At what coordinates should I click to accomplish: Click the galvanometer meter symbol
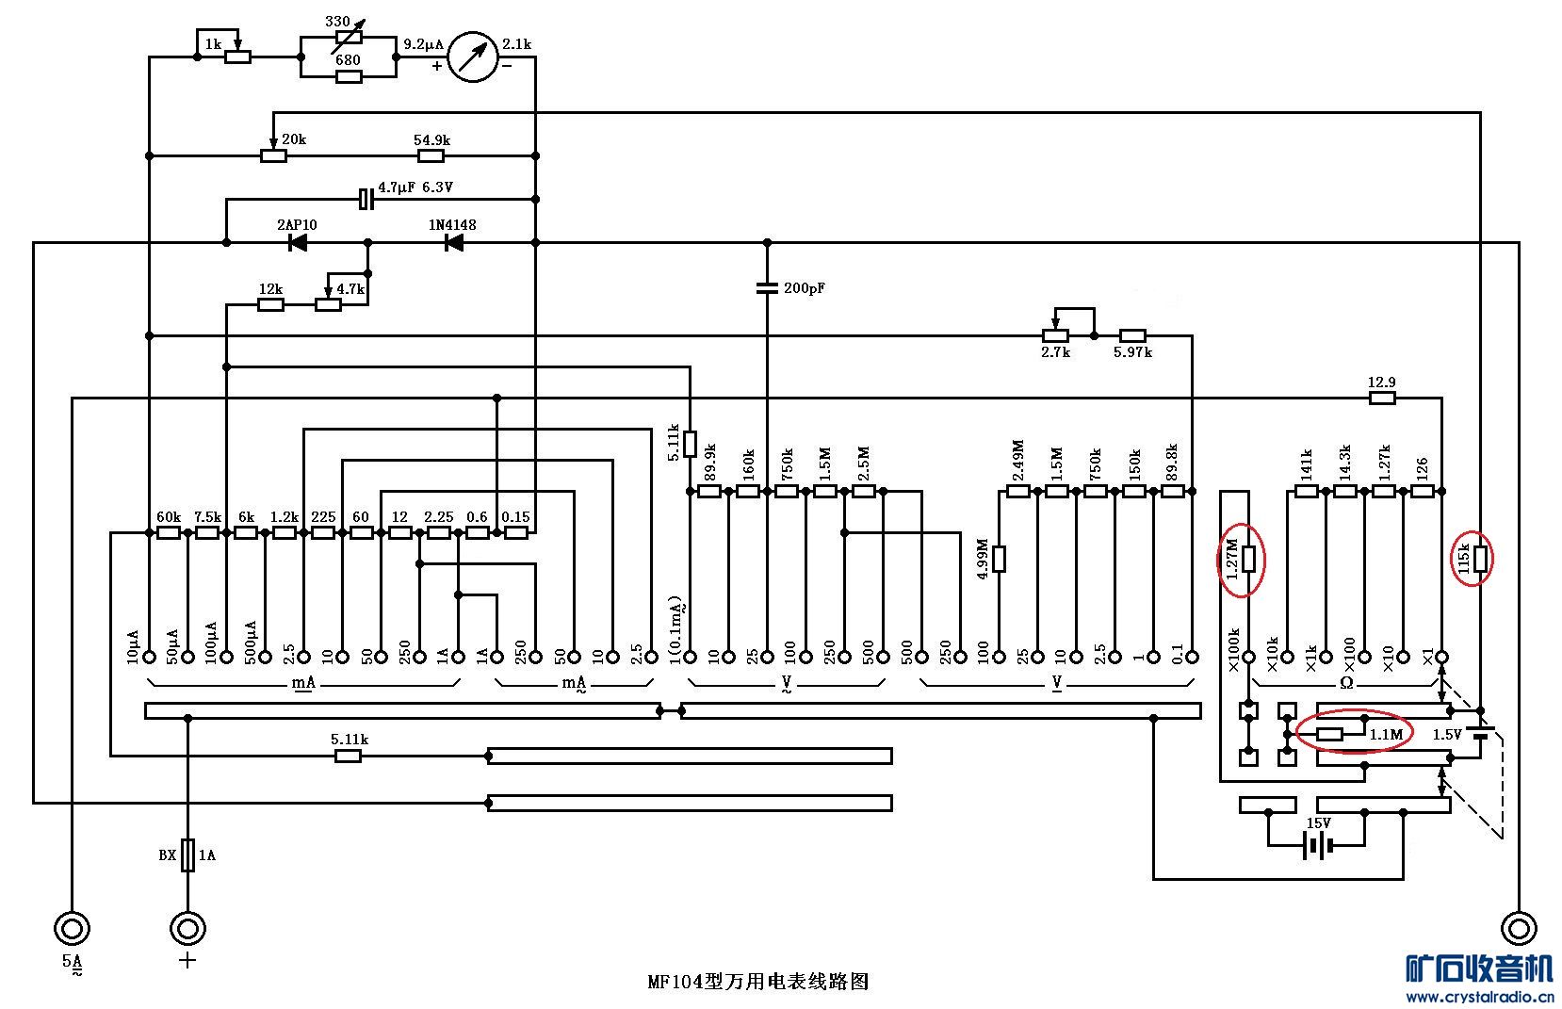[x=472, y=57]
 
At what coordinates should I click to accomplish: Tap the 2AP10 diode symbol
[x=298, y=243]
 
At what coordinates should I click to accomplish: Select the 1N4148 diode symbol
[x=454, y=243]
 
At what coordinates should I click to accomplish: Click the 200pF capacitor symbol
[x=767, y=286]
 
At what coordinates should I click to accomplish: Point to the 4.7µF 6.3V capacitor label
[x=415, y=187]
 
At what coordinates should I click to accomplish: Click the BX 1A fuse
[x=187, y=855]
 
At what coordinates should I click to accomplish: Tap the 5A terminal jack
[x=72, y=928]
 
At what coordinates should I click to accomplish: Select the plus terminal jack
[x=187, y=928]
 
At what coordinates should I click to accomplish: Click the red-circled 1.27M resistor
[x=1248, y=560]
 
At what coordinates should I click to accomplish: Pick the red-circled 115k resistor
[x=1480, y=560]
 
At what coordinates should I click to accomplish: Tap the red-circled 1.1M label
[x=1386, y=734]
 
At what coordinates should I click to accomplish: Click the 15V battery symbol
[x=1317, y=846]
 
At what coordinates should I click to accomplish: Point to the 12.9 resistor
[x=1382, y=399]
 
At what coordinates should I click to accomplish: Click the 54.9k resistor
[x=431, y=155]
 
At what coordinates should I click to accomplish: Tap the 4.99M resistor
[x=999, y=559]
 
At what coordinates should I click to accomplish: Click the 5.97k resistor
[x=1132, y=335]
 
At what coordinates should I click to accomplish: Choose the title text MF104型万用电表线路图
[x=758, y=982]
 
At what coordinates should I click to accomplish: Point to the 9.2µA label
[x=423, y=44]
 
